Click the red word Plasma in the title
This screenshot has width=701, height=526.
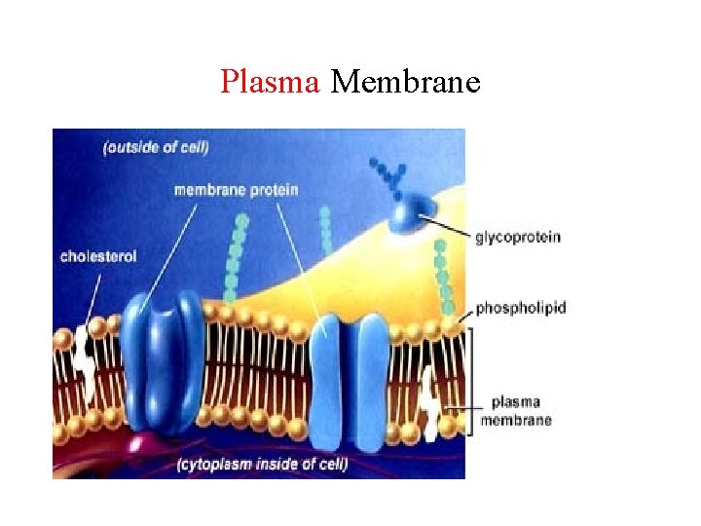pos(271,82)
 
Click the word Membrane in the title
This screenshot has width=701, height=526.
pos(405,82)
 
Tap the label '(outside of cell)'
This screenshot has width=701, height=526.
pos(156,148)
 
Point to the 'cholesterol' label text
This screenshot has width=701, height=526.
pos(98,257)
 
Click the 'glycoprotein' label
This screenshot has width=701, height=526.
pos(517,237)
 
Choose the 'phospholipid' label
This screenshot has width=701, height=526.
pos(521,308)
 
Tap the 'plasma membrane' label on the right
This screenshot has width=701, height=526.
pos(522,410)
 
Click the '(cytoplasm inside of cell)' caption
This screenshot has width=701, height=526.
pos(263,463)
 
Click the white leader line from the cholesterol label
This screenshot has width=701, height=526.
pos(93,292)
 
